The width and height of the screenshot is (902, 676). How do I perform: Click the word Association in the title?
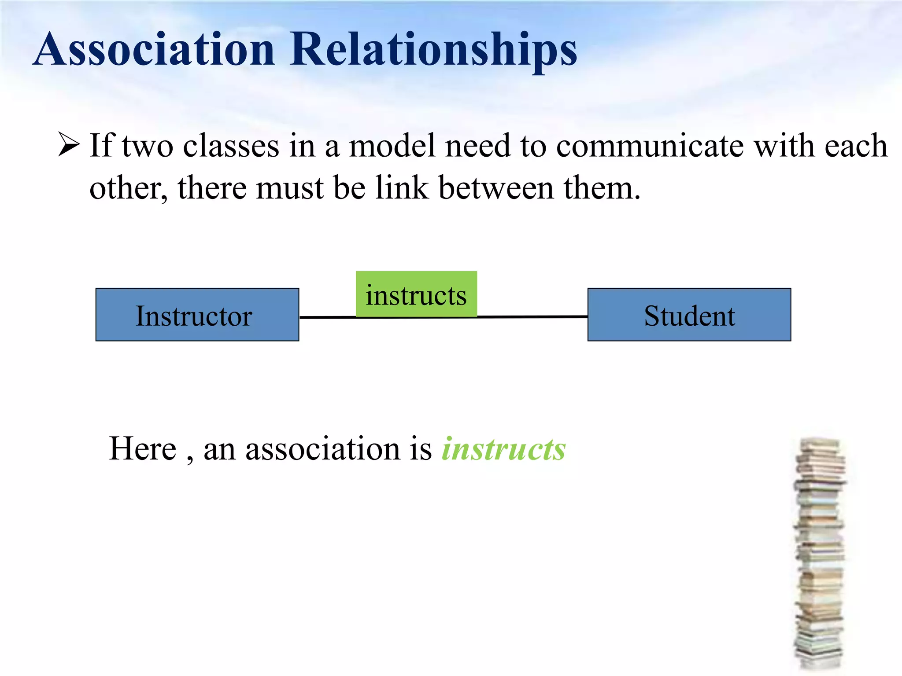tap(154, 49)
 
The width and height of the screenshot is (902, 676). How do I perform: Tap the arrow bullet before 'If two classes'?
tap(69, 145)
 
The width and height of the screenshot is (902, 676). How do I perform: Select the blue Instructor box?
tap(197, 315)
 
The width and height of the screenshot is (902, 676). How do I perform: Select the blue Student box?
tap(689, 315)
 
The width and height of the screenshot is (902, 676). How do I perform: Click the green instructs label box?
tap(416, 294)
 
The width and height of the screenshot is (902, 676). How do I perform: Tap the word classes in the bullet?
tap(231, 146)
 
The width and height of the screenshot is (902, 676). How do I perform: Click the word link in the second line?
tap(402, 188)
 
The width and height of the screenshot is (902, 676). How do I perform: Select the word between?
tap(496, 188)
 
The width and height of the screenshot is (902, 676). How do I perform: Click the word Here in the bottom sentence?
tap(143, 449)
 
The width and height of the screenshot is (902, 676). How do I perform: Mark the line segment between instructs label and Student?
tap(532, 316)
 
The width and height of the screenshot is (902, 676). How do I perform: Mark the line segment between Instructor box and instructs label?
tap(327, 317)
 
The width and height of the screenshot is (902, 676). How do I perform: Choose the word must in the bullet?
tap(290, 188)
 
